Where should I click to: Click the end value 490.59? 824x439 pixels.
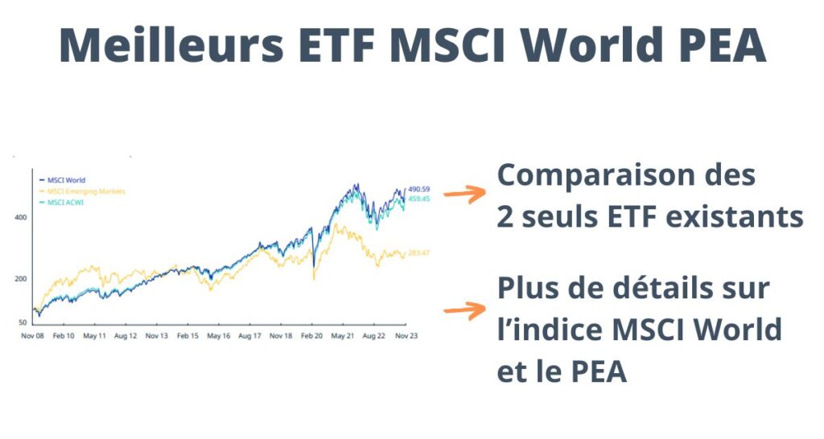[x=418, y=189]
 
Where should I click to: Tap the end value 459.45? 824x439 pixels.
[x=418, y=199]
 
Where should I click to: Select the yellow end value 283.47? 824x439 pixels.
[x=418, y=254]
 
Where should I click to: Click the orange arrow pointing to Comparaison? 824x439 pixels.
[x=464, y=193]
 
